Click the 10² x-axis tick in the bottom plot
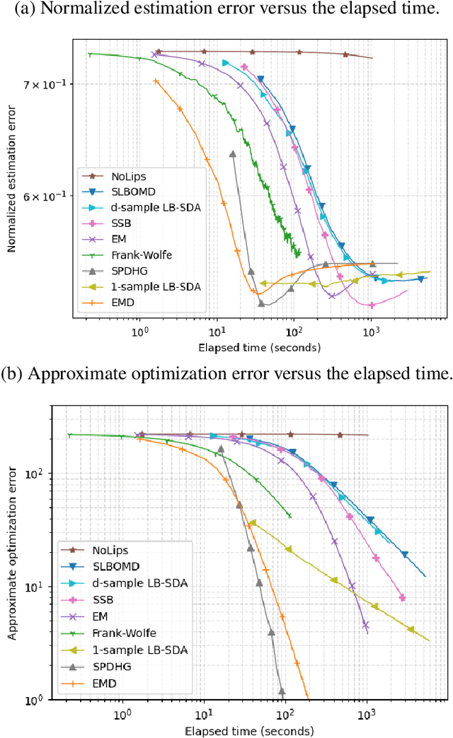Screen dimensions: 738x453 [x=285, y=716]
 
